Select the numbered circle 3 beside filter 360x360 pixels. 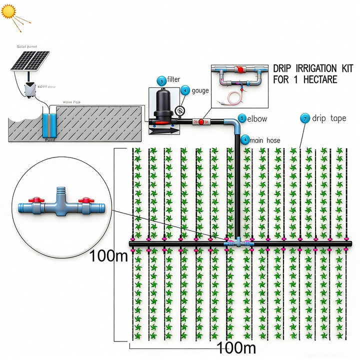(x=161, y=80)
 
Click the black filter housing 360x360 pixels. (x=163, y=105)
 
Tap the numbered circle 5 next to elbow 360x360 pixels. (x=242, y=118)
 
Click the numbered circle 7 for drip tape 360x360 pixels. (x=304, y=118)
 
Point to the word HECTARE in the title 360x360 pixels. (x=315, y=79)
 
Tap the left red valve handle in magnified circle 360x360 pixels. (x=36, y=200)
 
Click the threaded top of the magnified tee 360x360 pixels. (x=61, y=190)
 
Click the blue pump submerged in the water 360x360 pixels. (x=50, y=125)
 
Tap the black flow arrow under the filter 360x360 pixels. (x=165, y=129)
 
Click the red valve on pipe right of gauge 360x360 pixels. (x=201, y=121)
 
